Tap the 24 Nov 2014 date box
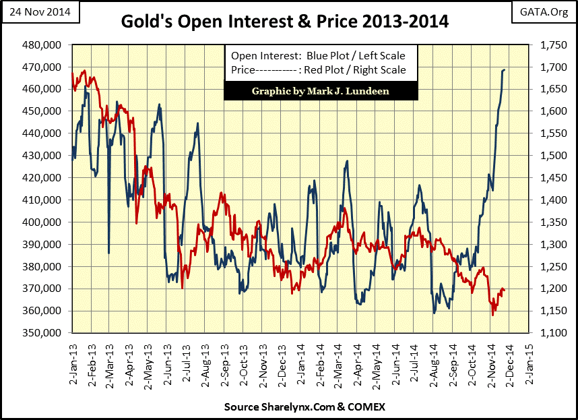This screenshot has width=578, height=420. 40,12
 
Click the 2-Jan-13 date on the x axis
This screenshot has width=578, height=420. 71,359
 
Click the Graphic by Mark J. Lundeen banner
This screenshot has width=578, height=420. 317,91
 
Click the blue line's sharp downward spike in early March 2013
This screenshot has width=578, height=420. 109,252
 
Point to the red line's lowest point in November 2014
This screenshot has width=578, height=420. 492,315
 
